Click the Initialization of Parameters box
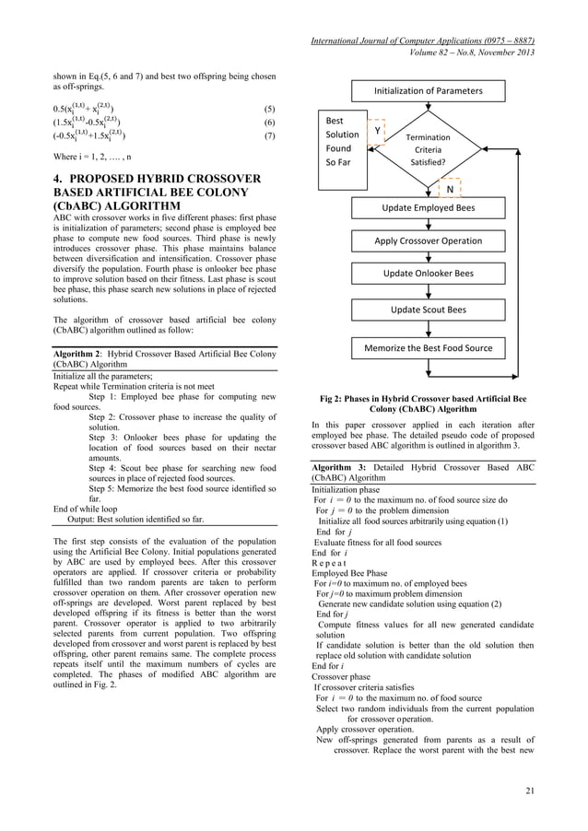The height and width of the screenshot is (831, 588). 427,90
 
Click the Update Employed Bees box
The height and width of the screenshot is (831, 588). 429,208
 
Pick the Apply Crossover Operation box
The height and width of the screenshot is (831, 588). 428,241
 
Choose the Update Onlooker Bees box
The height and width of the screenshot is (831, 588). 429,274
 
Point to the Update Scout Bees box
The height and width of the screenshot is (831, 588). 429,310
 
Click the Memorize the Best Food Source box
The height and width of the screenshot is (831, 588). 429,348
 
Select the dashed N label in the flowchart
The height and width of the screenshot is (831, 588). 450,190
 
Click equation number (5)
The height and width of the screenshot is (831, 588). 269,108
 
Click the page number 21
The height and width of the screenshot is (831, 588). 529,791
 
